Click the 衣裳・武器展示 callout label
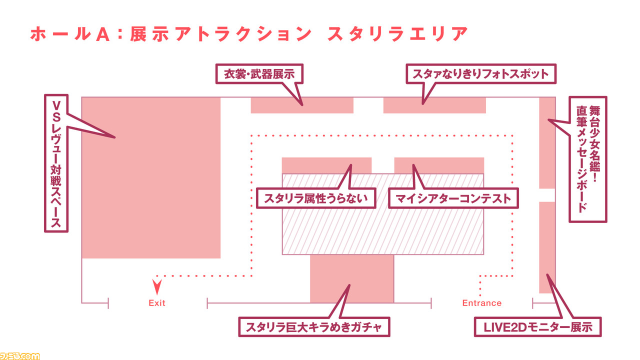[x=259, y=73]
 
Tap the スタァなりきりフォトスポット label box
[x=481, y=73]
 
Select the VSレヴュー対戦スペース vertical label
[x=56, y=163]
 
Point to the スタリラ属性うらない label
[x=315, y=198]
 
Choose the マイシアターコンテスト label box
[x=453, y=198]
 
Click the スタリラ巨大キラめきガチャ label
[x=314, y=327]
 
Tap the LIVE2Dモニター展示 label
[x=537, y=327]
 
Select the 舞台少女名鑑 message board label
[x=588, y=159]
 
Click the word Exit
[x=157, y=303]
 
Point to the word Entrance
[x=481, y=303]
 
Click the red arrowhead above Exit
[x=157, y=287]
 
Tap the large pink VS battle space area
[x=151, y=177]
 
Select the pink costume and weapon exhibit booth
[x=302, y=105]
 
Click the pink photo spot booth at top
[x=434, y=105]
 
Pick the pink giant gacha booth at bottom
[x=352, y=279]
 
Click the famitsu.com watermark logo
[x=20, y=356]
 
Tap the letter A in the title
[x=102, y=34]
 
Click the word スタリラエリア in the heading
[x=397, y=34]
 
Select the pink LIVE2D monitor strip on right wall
[x=547, y=247]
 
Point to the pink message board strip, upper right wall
[x=547, y=143]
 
